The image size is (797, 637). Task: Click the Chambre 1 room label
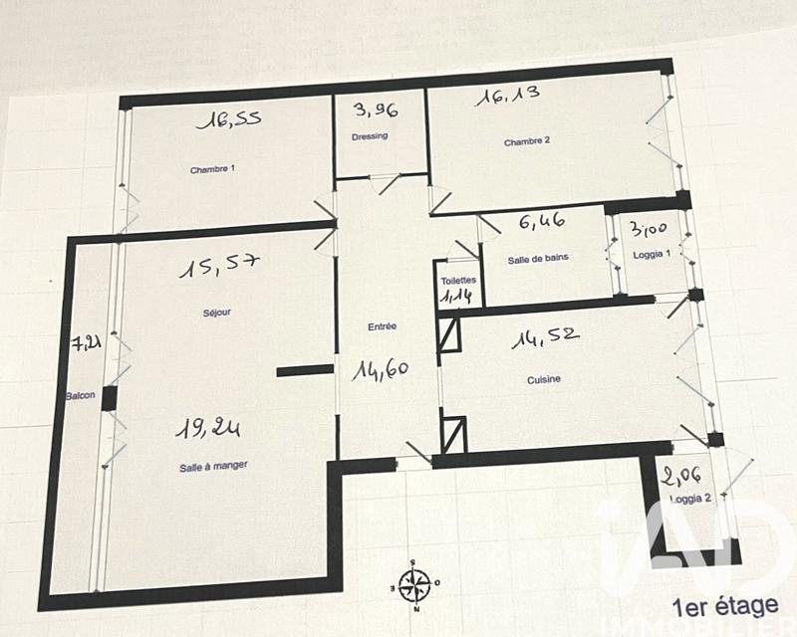[x=212, y=169]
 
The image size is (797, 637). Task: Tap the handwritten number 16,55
[x=229, y=121]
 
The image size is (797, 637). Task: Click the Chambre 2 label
[x=526, y=141]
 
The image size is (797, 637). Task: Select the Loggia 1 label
[x=653, y=255]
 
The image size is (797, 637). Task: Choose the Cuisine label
[x=544, y=379]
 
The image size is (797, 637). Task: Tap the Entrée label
[x=383, y=325]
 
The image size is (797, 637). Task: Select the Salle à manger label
[x=214, y=464]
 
